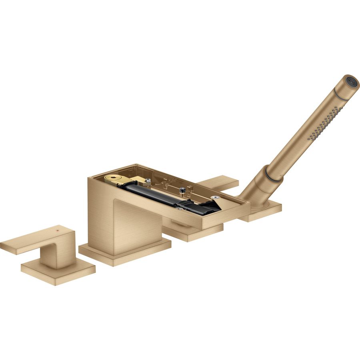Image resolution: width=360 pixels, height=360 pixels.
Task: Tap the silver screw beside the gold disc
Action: [x=148, y=181]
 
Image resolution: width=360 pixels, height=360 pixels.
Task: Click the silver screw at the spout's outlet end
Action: [x=216, y=198]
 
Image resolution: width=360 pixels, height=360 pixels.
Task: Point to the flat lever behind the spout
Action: [x=218, y=182]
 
